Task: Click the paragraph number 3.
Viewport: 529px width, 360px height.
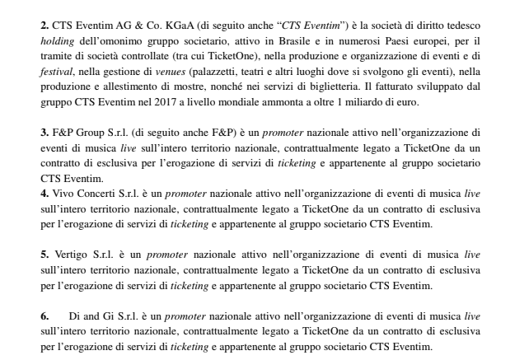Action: point(44,131)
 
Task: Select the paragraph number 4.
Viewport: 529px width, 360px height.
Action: point(44,193)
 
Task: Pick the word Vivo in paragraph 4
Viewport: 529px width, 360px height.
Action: point(63,193)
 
